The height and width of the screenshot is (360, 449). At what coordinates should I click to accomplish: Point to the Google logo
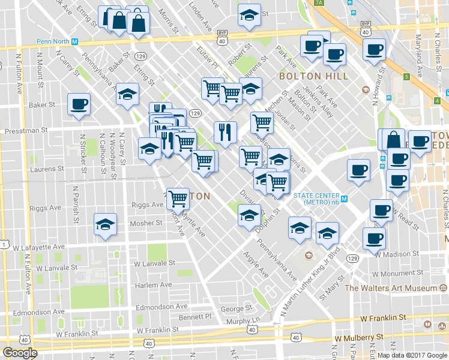click(x=20, y=353)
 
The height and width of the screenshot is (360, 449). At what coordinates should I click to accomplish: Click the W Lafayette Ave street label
click(x=38, y=247)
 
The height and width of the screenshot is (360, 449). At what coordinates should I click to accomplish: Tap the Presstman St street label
click(x=26, y=130)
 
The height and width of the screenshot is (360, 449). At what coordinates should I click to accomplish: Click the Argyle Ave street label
click(x=256, y=264)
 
